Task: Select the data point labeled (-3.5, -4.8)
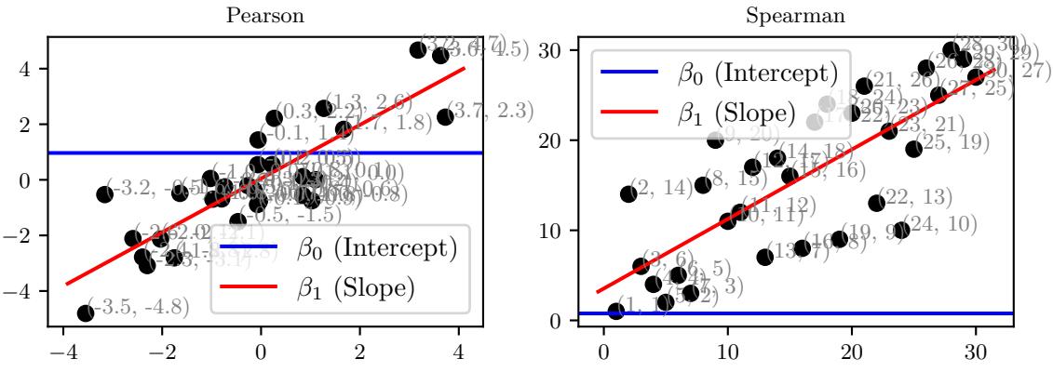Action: [x=86, y=312]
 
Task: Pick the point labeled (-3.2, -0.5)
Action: [x=105, y=193]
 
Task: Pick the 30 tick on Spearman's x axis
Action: [x=975, y=353]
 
